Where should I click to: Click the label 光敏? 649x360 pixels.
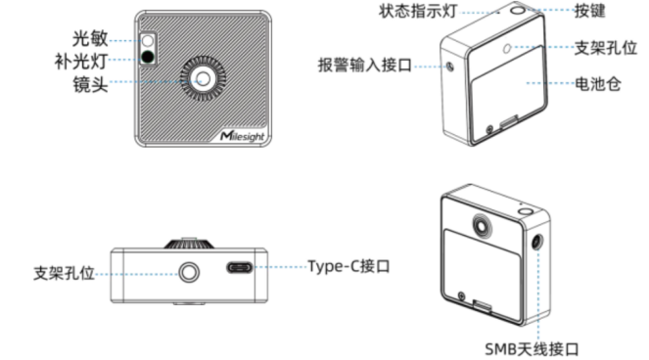tap(90, 38)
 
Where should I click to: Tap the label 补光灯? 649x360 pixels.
tap(81, 62)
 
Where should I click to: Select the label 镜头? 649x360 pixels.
tap(90, 84)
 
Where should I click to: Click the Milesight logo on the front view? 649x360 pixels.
tap(242, 135)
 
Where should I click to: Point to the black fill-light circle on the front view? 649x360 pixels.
tap(148, 57)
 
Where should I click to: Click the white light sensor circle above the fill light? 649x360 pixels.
tap(148, 41)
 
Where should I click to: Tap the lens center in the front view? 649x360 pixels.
tap(203, 78)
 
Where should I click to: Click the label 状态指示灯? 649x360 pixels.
tap(418, 11)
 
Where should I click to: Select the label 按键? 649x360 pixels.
tap(590, 11)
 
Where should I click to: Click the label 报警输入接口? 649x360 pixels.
tap(365, 65)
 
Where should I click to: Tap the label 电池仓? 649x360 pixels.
tap(598, 84)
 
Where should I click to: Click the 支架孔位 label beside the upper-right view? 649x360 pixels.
tap(606, 48)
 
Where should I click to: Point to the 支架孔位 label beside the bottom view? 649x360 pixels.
tap(64, 273)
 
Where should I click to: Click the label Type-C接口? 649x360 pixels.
tap(348, 266)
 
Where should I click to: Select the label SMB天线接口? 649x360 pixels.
tap(532, 349)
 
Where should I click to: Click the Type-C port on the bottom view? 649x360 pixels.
tap(240, 268)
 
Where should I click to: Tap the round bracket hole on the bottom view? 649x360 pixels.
tap(189, 272)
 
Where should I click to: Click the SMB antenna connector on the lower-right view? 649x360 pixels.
tap(536, 242)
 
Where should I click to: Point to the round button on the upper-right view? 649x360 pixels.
tap(518, 9)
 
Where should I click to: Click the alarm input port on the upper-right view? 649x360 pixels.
tap(450, 67)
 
